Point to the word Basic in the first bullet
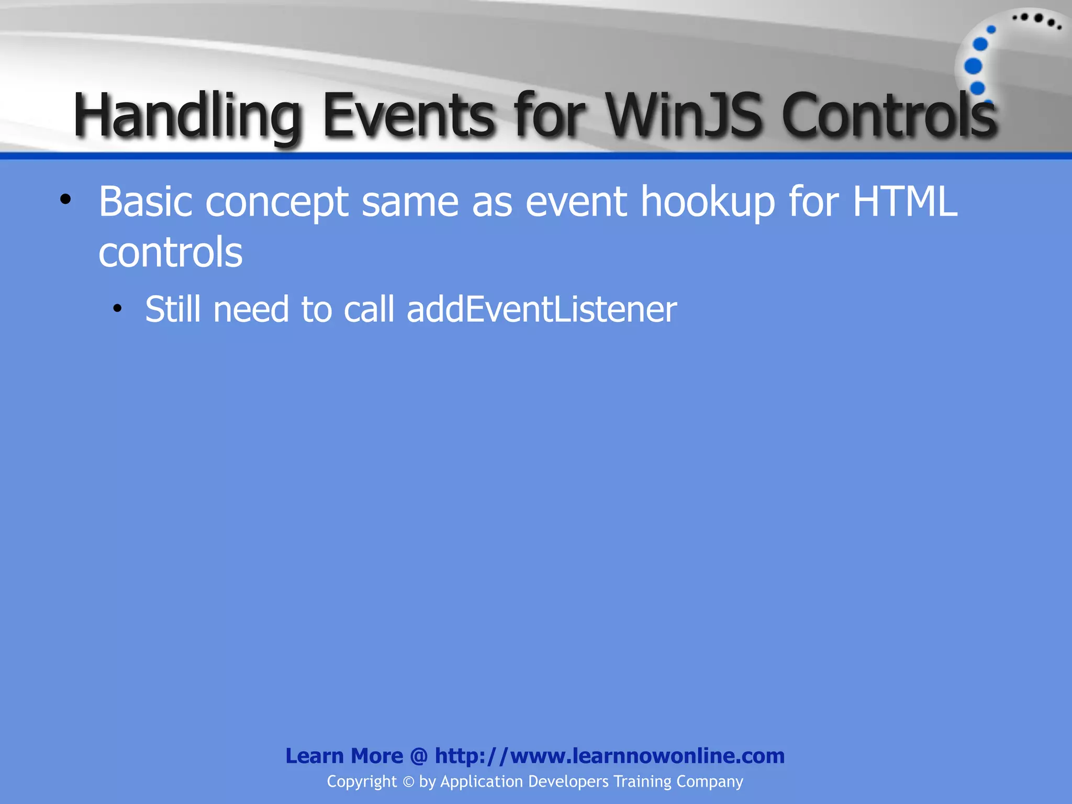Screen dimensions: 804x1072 coord(146,202)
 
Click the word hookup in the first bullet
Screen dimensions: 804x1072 coord(708,202)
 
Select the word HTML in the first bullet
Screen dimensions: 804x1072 coord(905,202)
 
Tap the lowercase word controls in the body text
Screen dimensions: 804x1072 coord(171,252)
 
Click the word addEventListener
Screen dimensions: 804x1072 coord(542,309)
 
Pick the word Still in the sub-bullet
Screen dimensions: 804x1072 coord(173,309)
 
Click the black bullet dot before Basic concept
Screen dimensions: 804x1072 coord(65,199)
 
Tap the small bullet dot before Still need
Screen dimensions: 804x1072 coord(117,309)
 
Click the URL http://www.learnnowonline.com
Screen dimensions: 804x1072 coord(609,756)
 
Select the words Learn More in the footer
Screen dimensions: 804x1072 coord(344,756)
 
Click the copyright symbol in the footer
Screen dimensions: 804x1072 coord(408,782)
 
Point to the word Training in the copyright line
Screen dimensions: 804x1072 coord(642,781)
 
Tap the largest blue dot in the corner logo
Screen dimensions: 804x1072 coord(973,66)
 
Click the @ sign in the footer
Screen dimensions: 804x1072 coord(419,756)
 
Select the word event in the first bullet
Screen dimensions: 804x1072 coord(576,202)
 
